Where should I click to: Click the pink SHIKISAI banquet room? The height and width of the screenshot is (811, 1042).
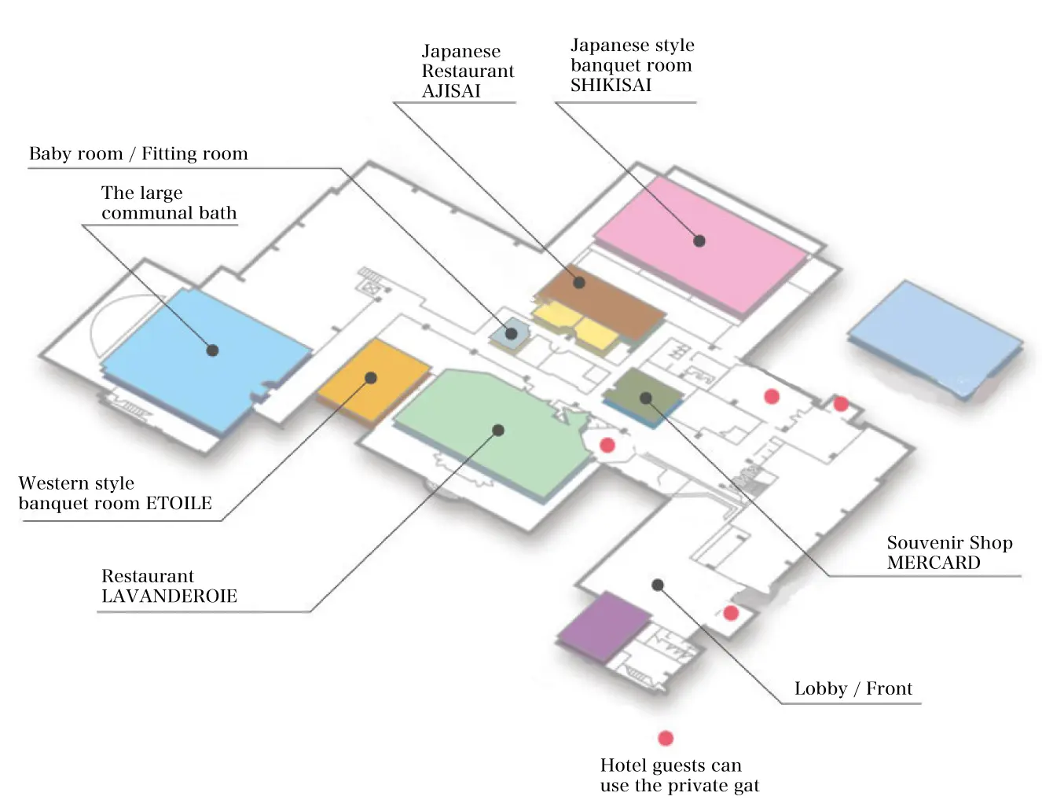(x=699, y=244)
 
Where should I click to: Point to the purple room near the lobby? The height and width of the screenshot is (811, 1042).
(x=604, y=626)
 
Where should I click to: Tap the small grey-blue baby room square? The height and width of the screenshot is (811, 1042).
(x=511, y=333)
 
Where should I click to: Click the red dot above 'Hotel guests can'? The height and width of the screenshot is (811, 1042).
(x=666, y=738)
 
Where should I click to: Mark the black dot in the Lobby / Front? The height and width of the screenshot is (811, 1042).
(x=658, y=585)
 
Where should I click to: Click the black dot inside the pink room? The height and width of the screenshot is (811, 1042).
(x=699, y=241)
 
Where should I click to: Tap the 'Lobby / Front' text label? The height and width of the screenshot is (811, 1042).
(x=853, y=689)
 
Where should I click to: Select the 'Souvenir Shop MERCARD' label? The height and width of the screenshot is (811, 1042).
(x=948, y=552)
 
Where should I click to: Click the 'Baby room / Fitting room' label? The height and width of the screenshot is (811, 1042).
(x=138, y=154)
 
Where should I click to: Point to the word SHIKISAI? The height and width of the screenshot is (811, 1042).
(x=611, y=86)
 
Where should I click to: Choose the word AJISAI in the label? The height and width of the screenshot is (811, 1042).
(x=451, y=91)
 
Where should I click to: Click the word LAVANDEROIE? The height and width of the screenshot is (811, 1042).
(x=169, y=596)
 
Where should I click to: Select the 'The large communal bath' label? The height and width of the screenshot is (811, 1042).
(x=168, y=204)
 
